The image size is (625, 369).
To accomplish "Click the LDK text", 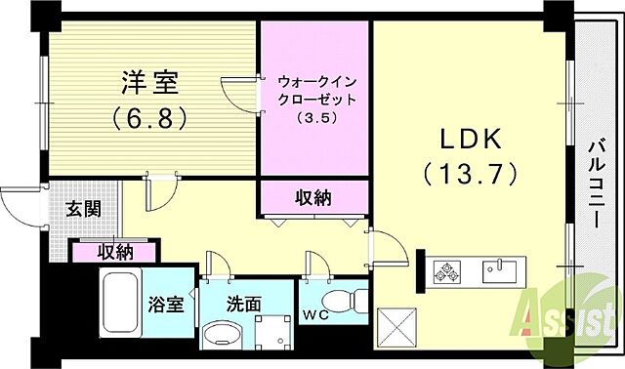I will [x=469, y=139].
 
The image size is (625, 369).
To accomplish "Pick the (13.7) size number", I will [x=469, y=176].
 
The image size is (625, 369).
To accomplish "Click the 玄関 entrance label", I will [x=82, y=207].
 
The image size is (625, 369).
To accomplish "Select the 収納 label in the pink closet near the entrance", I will [x=114, y=252].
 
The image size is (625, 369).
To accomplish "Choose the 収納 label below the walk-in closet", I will [x=312, y=198].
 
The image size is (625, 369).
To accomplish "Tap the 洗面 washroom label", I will [x=245, y=305].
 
